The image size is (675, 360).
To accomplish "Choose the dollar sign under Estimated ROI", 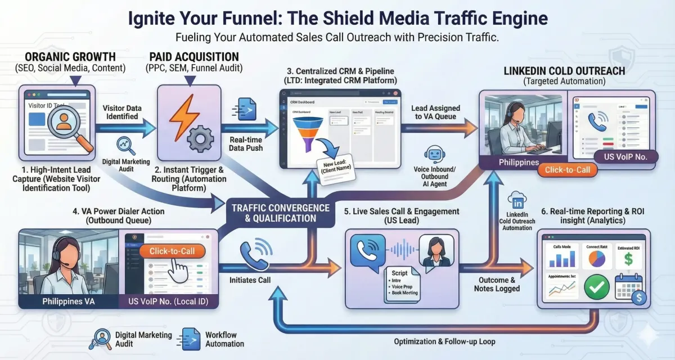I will (x=628, y=259).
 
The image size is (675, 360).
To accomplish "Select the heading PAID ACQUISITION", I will (x=193, y=57).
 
